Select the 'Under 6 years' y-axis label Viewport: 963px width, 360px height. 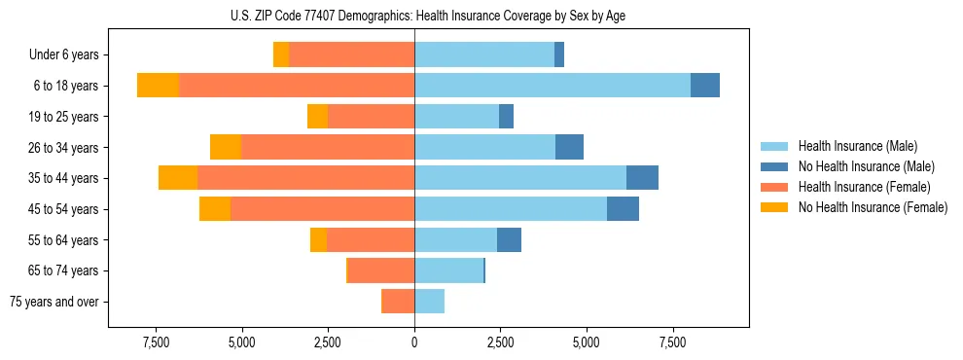pyautogui.click(x=70, y=55)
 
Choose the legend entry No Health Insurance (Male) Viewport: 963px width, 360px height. pyautogui.click(x=866, y=167)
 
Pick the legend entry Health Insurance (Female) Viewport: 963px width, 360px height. pyautogui.click(x=864, y=187)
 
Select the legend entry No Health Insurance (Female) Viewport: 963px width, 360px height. pyautogui.click(x=873, y=207)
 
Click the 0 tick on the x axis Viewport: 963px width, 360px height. pyautogui.click(x=414, y=342)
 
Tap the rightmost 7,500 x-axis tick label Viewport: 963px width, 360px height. pyautogui.click(x=673, y=342)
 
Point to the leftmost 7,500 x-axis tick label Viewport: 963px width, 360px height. pyautogui.click(x=156, y=342)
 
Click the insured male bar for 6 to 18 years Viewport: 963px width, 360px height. pyautogui.click(x=553, y=86)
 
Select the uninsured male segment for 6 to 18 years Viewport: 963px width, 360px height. pyautogui.click(x=705, y=86)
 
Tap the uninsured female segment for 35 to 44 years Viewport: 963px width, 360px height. pyautogui.click(x=178, y=178)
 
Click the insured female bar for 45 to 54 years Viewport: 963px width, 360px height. pyautogui.click(x=322, y=209)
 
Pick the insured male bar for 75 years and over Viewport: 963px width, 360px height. pyautogui.click(x=429, y=302)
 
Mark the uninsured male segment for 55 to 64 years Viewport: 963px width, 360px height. pyautogui.click(x=509, y=239)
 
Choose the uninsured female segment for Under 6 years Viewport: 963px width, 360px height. pyautogui.click(x=281, y=55)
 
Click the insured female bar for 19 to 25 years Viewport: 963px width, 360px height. pyautogui.click(x=371, y=117)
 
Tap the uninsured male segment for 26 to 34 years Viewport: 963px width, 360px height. pyautogui.click(x=569, y=147)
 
